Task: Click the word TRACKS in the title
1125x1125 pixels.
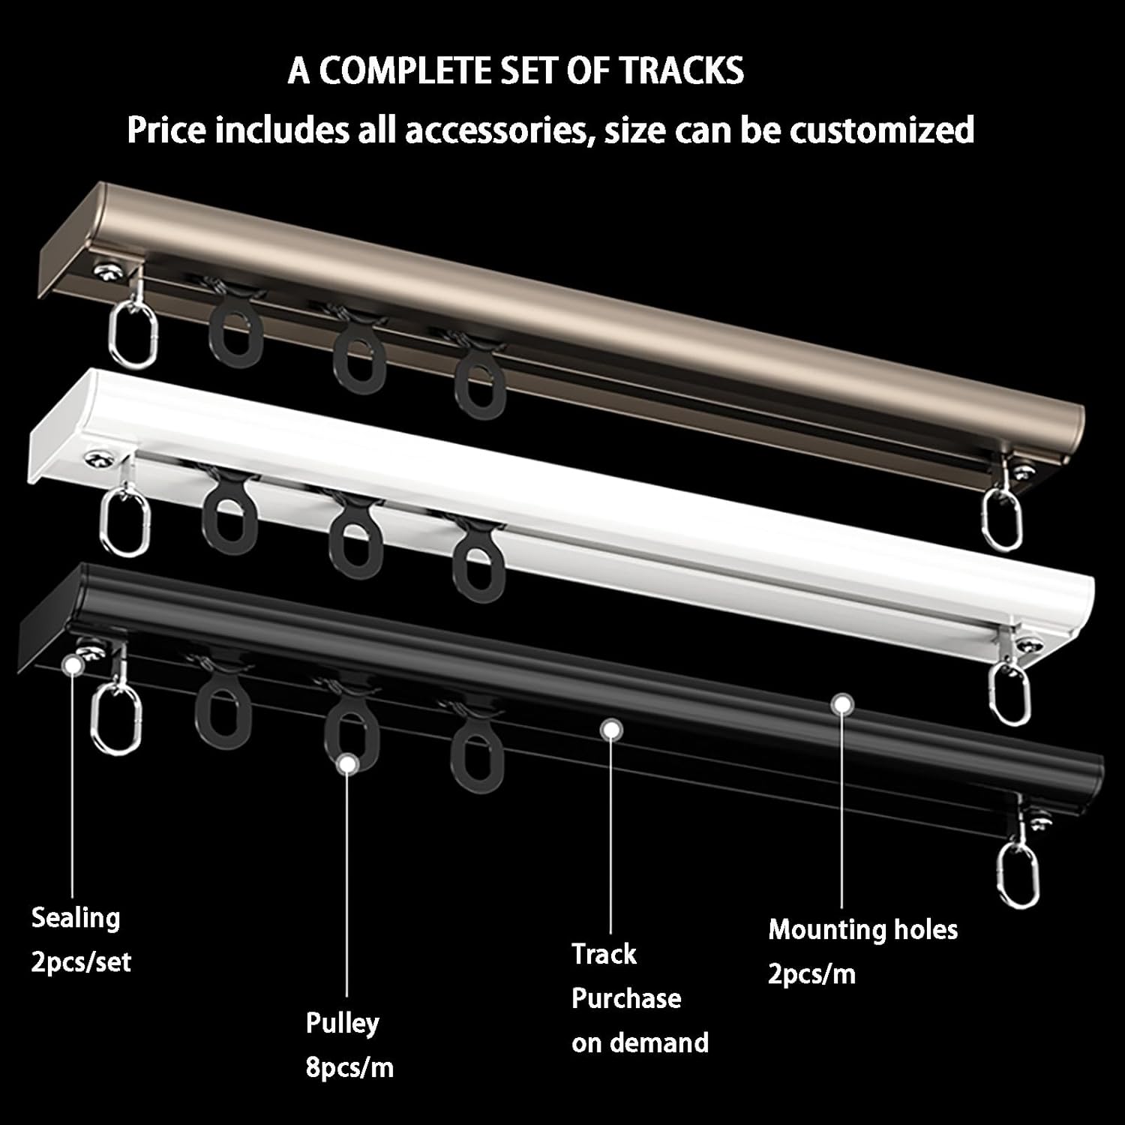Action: tap(681, 71)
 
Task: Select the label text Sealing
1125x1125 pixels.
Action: tap(76, 917)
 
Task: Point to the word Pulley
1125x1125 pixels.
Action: tap(342, 1023)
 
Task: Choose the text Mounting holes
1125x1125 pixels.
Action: tap(862, 930)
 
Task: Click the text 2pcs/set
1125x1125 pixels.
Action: tap(81, 961)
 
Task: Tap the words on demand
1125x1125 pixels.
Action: tap(640, 1042)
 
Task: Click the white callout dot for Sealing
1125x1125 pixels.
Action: tap(72, 664)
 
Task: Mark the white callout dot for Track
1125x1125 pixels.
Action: tap(612, 727)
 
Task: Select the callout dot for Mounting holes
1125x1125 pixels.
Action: tap(843, 703)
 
